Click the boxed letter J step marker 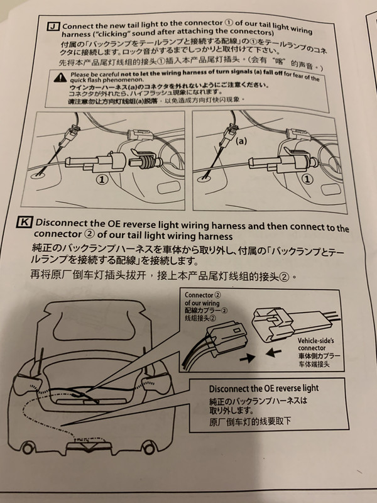(x=53, y=26)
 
